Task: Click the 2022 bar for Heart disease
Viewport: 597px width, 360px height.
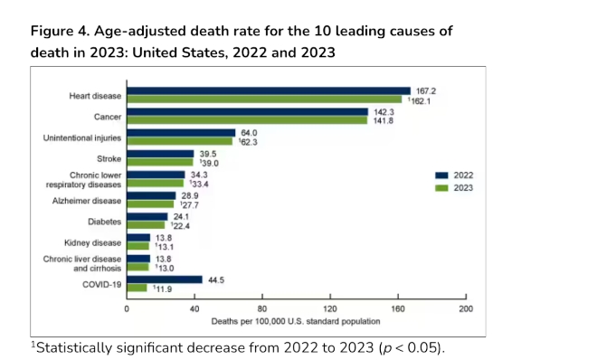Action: (x=269, y=91)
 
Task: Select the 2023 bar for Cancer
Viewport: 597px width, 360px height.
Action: (x=247, y=120)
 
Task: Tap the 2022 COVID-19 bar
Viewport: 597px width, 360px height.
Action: (x=165, y=279)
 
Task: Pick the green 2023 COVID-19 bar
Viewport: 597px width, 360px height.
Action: (x=137, y=288)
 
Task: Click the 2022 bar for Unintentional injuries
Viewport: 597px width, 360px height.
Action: (x=181, y=133)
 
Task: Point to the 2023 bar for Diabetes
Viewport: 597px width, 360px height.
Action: (x=146, y=225)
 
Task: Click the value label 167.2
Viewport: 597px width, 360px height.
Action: (x=426, y=91)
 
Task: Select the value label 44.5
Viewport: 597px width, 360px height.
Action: (x=216, y=280)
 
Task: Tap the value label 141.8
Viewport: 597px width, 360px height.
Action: (x=383, y=120)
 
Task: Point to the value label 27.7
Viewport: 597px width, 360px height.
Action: (x=190, y=205)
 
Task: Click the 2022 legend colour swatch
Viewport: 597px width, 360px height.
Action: (x=441, y=175)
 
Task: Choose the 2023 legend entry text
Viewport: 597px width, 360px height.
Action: (x=463, y=188)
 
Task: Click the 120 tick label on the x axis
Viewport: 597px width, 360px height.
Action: (x=330, y=309)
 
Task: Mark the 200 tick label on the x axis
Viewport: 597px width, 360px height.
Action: (x=466, y=309)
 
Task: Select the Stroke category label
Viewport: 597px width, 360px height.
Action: (x=109, y=158)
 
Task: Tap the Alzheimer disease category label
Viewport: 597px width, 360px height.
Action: (x=87, y=201)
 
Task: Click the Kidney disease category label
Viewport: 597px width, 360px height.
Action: (x=92, y=242)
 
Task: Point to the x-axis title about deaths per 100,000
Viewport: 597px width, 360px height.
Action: (x=296, y=322)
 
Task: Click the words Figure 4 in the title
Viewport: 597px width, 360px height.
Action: (x=61, y=31)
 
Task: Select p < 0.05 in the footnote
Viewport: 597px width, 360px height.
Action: (x=410, y=348)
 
